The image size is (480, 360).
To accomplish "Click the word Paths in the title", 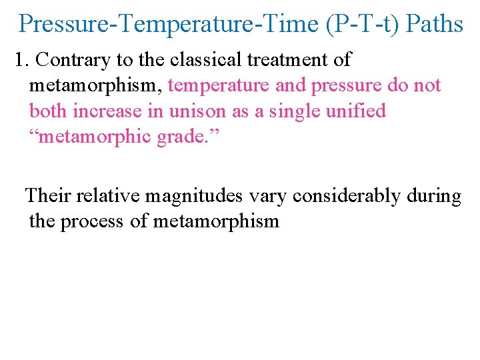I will pos(434,24).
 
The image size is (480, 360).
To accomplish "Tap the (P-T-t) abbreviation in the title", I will pos(363,24).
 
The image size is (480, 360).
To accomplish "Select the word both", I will pos(49,111).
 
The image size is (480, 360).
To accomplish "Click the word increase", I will pos(107,111).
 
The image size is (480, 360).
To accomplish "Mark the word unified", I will pos(355,111).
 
